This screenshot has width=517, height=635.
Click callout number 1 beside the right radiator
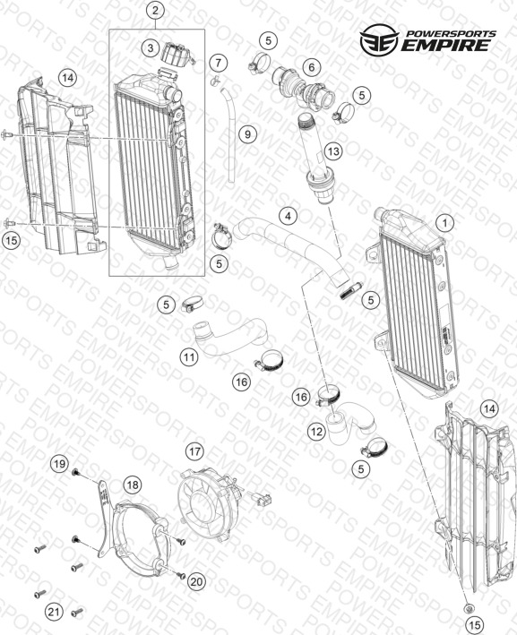(445, 223)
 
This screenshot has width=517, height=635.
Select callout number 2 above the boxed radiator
(156, 11)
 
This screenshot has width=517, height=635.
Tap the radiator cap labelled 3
(177, 55)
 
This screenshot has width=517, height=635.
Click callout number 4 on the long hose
(288, 216)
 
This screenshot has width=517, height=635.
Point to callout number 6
(311, 67)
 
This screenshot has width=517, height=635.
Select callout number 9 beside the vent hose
(247, 133)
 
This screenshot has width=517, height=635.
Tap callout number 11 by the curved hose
(189, 357)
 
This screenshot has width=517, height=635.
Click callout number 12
(316, 432)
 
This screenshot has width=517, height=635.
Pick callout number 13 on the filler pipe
(333, 151)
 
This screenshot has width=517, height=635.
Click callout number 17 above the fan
(195, 451)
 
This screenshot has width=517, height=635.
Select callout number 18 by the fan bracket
(133, 485)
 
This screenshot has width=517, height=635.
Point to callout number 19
(59, 464)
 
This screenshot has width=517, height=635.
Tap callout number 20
(196, 582)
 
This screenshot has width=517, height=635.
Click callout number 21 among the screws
(54, 612)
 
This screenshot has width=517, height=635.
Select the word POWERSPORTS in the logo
(451, 34)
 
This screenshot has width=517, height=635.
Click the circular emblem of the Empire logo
(379, 39)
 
